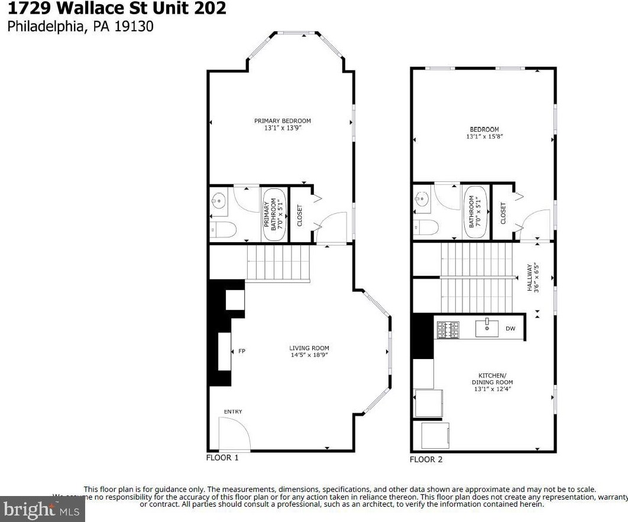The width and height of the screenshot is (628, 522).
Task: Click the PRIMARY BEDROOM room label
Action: [282, 121]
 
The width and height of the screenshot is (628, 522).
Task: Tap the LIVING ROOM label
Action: [309, 348]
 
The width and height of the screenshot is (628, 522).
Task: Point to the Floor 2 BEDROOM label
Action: [484, 129]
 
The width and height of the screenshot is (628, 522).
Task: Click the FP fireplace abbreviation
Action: [241, 351]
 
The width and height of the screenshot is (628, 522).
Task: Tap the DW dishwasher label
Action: [510, 329]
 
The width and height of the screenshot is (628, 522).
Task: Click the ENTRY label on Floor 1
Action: [232, 412]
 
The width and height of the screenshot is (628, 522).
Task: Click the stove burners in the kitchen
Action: [448, 329]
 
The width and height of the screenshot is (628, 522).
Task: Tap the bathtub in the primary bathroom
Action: [274, 214]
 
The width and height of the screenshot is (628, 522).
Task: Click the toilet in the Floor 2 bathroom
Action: [425, 227]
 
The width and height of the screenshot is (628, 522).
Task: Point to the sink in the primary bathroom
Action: [219, 202]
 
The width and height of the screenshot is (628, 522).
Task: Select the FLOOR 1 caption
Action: [222, 458]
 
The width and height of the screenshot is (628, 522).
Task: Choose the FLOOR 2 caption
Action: [426, 459]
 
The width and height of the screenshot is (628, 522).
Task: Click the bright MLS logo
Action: [43, 508]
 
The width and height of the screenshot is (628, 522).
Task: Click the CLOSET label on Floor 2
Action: [503, 213]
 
